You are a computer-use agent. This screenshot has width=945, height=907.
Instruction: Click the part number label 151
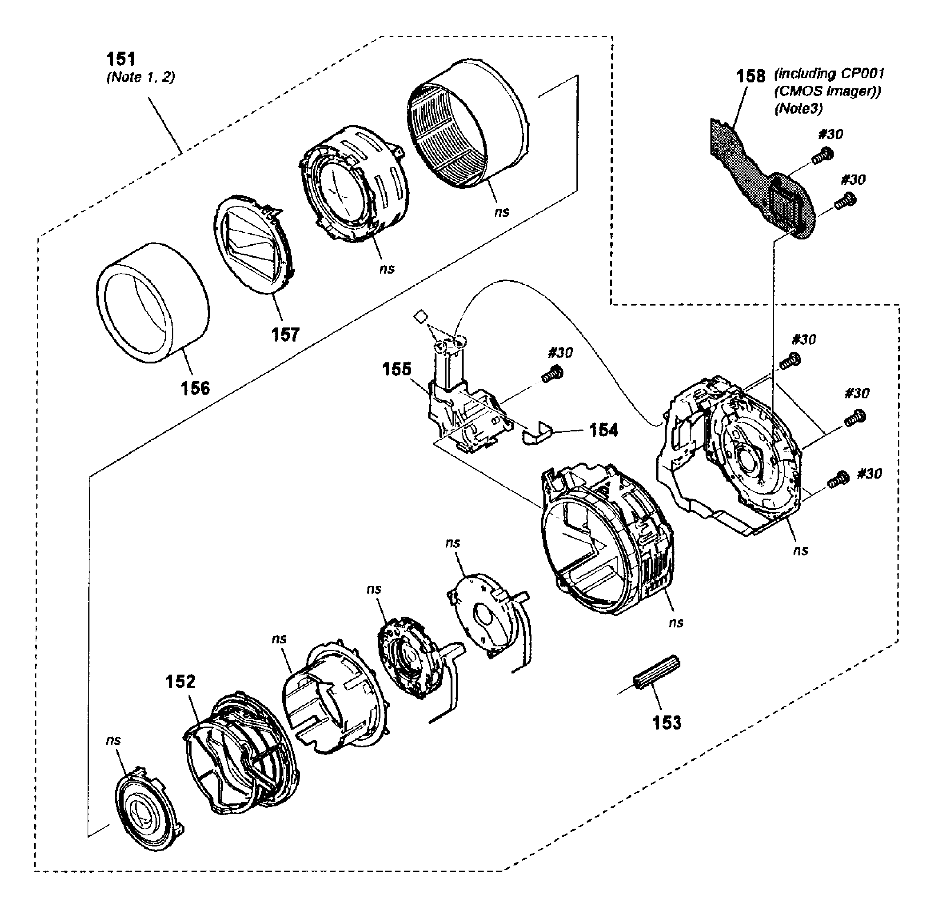pos(121,59)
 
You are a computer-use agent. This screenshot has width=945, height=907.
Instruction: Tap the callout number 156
pos(195,388)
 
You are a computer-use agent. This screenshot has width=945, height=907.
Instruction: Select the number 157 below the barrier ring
pos(285,334)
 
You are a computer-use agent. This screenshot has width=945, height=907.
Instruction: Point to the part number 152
pos(180,681)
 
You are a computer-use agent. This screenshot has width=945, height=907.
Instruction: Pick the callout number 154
pos(603,430)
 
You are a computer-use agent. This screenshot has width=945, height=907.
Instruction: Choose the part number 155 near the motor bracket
pos(396,370)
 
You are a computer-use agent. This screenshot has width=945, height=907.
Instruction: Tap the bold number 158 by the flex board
pos(750,76)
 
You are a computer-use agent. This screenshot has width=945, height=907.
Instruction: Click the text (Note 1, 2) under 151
pos(140,77)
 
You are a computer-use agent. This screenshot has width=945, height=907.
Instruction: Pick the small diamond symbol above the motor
pos(421,316)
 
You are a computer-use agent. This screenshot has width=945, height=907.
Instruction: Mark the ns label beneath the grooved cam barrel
pos(501,212)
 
